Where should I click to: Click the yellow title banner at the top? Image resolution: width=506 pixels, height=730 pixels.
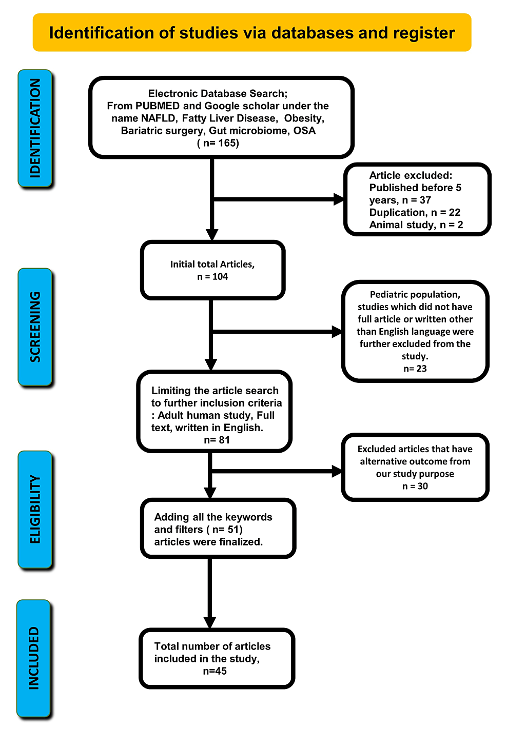click(x=252, y=33)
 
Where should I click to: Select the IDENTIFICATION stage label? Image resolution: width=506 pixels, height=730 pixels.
click(x=35, y=128)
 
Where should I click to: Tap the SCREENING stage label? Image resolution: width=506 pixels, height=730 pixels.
click(x=35, y=327)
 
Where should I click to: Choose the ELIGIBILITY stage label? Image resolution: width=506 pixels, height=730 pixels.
click(x=35, y=509)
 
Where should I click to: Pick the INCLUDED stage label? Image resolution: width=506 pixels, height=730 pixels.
click(x=34, y=658)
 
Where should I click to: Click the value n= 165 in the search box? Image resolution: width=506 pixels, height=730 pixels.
click(x=218, y=143)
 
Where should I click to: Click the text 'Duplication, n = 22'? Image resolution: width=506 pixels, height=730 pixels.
click(x=415, y=212)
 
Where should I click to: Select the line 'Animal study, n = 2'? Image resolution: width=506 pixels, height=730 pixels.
click(x=416, y=225)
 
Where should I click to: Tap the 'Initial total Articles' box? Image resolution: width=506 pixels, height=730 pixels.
click(x=212, y=270)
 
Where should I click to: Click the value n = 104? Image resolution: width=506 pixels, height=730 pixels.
click(x=212, y=277)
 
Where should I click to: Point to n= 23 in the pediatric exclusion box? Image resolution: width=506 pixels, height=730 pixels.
click(x=415, y=369)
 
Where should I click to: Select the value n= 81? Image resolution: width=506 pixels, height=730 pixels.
click(x=217, y=440)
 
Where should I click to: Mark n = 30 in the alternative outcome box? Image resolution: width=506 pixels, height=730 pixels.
click(x=415, y=486)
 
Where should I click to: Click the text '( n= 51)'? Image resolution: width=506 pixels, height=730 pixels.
click(x=224, y=530)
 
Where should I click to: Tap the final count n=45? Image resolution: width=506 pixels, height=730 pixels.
click(x=215, y=671)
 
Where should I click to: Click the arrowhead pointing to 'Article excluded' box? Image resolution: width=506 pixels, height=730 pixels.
click(x=339, y=199)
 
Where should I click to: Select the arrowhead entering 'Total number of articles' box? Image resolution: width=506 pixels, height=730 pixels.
click(x=209, y=622)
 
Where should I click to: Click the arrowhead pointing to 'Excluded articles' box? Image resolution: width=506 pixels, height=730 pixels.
click(x=337, y=471)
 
